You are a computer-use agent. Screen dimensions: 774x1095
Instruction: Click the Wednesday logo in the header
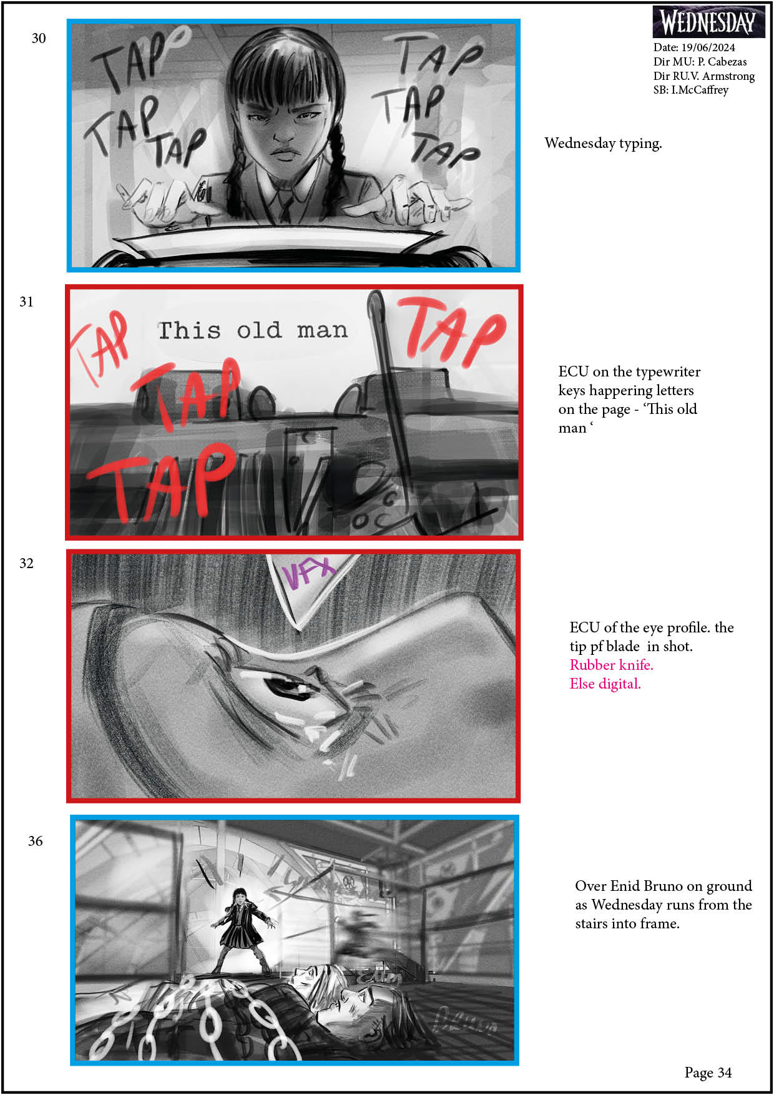(708, 22)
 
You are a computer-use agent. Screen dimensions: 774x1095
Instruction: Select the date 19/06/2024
(708, 47)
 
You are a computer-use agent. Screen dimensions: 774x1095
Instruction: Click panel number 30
(39, 39)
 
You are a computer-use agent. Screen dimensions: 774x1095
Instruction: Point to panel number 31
(26, 302)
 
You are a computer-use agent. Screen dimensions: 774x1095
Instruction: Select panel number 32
(26, 564)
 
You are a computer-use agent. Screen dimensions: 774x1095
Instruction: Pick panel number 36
(36, 842)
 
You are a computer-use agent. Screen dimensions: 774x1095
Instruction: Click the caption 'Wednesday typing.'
(603, 144)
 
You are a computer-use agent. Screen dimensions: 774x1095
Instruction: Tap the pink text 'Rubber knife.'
(611, 665)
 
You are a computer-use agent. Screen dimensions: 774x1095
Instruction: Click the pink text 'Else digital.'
(605, 684)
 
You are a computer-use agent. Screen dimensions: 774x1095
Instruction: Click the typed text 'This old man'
(252, 330)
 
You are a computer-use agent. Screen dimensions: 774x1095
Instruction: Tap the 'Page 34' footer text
(708, 1073)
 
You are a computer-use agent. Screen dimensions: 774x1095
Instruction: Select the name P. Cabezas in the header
(722, 62)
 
